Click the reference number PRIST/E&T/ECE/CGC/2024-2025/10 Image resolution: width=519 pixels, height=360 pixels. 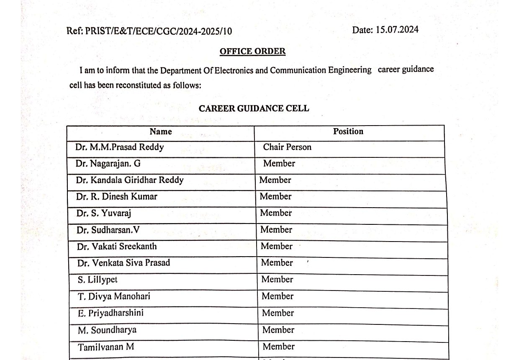[158, 31]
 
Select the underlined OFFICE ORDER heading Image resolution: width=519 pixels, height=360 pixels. [252, 51]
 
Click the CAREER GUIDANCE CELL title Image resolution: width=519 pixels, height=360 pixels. [254, 108]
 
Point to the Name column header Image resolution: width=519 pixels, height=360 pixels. [161, 131]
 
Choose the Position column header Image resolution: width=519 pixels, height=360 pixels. [348, 131]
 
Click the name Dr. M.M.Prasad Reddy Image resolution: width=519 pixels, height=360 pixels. [120, 147]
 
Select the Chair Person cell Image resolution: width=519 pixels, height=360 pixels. [287, 147]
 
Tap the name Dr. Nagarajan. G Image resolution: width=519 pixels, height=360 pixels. [108, 164]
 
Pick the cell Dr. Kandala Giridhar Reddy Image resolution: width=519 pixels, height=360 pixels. [130, 180]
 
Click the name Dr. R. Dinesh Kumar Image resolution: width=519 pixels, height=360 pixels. [117, 196]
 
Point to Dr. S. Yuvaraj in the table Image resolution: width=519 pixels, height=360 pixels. [104, 213]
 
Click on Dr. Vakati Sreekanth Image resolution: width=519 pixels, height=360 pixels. [117, 246]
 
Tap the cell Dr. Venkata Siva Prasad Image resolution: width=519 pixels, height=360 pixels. [123, 263]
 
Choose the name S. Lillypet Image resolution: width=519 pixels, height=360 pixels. [98, 280]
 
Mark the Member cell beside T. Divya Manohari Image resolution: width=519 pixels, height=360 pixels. [277, 296]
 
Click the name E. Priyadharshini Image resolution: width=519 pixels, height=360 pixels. [111, 313]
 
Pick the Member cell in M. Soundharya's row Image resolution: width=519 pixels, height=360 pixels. [278, 330]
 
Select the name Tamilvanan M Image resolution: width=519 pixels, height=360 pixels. [106, 347]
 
